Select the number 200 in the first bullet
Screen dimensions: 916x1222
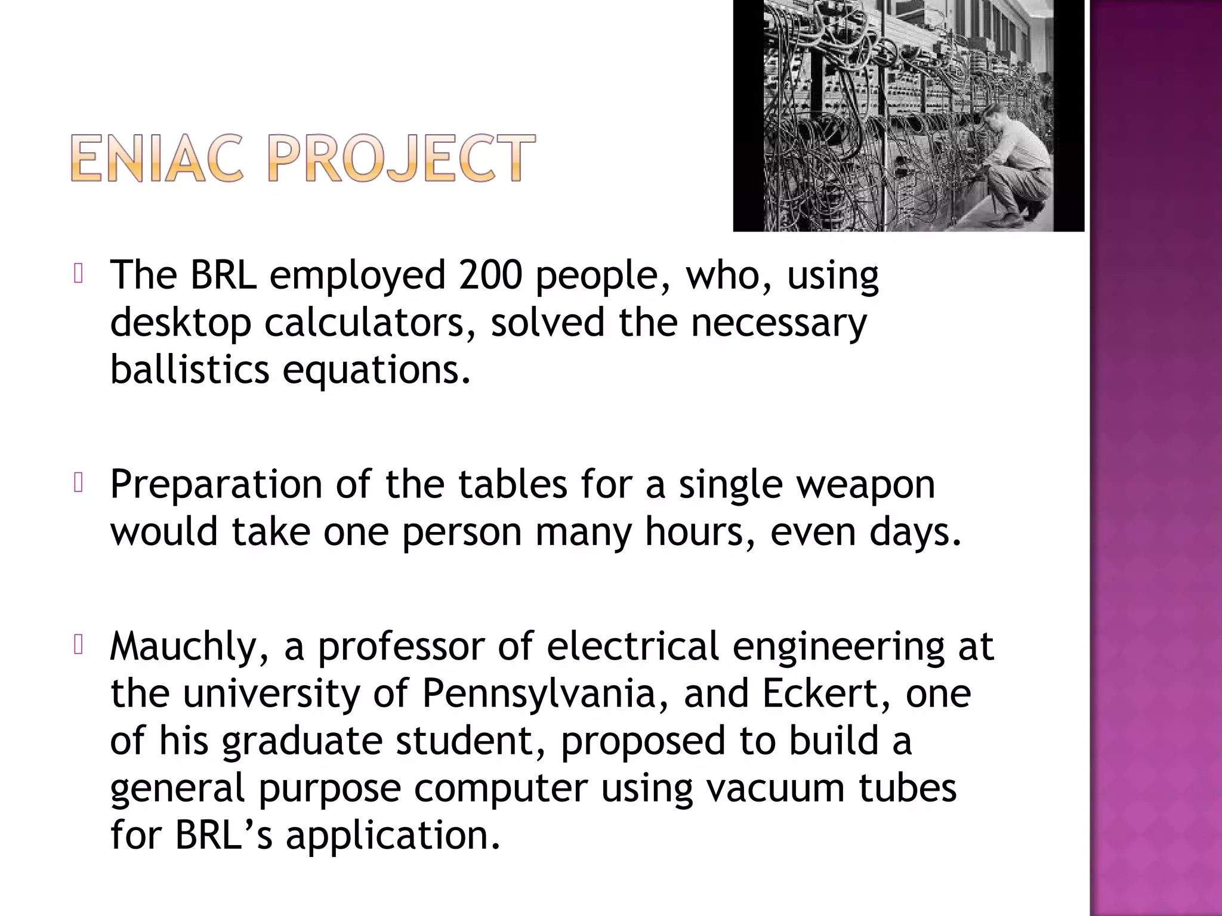490,275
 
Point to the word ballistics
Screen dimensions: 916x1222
190,370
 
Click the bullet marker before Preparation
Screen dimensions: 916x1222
78,483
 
